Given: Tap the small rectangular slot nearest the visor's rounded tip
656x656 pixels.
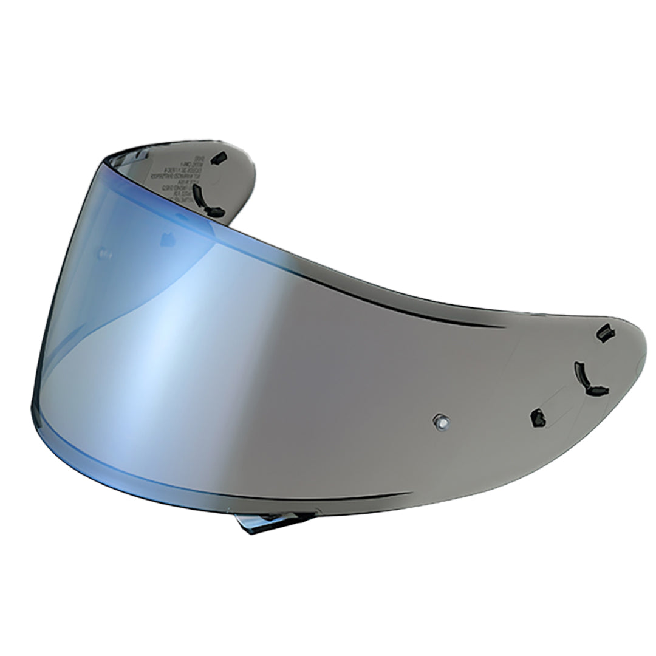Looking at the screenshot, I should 606,333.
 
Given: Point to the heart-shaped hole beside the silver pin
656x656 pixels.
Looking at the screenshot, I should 538,417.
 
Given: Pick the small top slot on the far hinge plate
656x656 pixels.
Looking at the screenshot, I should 219,157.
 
